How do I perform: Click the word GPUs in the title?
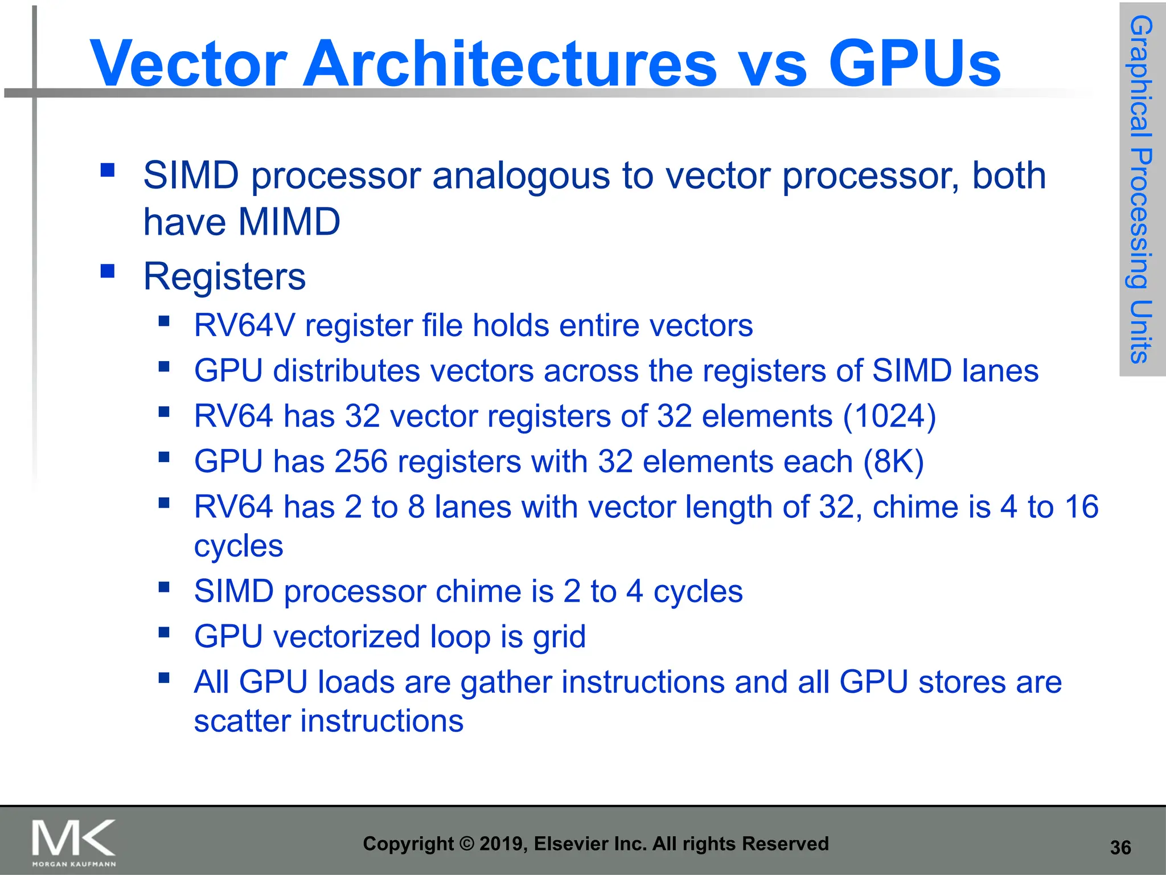tap(914, 63)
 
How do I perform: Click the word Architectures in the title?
tap(510, 63)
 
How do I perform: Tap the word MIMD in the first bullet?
tap(290, 222)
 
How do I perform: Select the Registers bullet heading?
tap(224, 277)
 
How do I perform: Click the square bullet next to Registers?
tap(108, 271)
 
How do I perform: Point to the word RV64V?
tap(245, 326)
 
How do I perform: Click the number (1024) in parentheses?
tap(889, 416)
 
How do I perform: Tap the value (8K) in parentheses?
tap(893, 461)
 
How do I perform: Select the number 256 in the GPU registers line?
tap(361, 461)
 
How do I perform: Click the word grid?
tap(559, 637)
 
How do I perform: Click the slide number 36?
tap(1120, 848)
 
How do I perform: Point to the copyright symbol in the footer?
tap(466, 844)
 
